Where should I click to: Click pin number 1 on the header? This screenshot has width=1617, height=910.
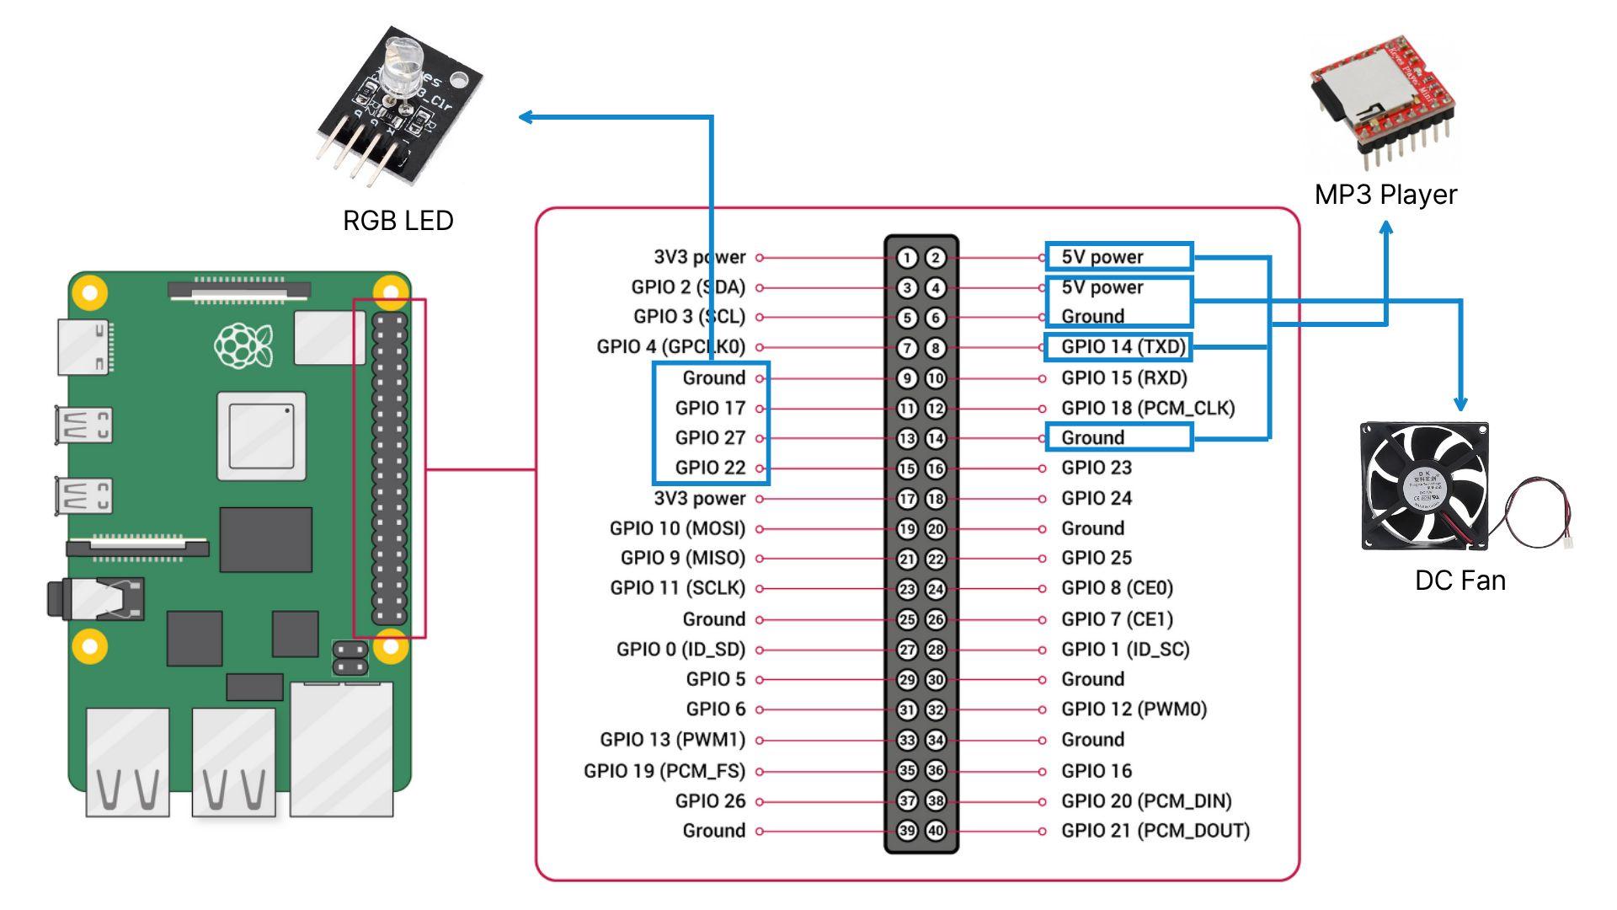907,258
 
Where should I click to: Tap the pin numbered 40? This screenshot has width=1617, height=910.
936,831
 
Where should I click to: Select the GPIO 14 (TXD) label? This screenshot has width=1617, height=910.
1123,346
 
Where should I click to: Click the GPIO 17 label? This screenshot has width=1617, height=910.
710,408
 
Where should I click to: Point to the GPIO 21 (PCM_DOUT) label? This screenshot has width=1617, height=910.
1155,831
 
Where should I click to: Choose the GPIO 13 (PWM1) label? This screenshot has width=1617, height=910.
672,740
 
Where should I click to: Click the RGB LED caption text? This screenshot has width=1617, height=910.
398,221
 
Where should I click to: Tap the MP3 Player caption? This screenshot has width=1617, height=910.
1385,195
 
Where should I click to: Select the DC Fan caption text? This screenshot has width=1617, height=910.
1460,581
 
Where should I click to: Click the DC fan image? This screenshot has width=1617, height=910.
1424,486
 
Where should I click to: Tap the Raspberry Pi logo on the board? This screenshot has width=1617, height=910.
243,345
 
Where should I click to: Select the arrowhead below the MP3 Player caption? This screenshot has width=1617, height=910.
1385,227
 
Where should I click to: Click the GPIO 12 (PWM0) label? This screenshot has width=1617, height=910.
1134,709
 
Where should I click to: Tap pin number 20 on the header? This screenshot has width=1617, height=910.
936,529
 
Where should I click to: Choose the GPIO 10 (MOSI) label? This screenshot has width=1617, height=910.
677,528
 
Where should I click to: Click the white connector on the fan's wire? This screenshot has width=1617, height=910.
1566,544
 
